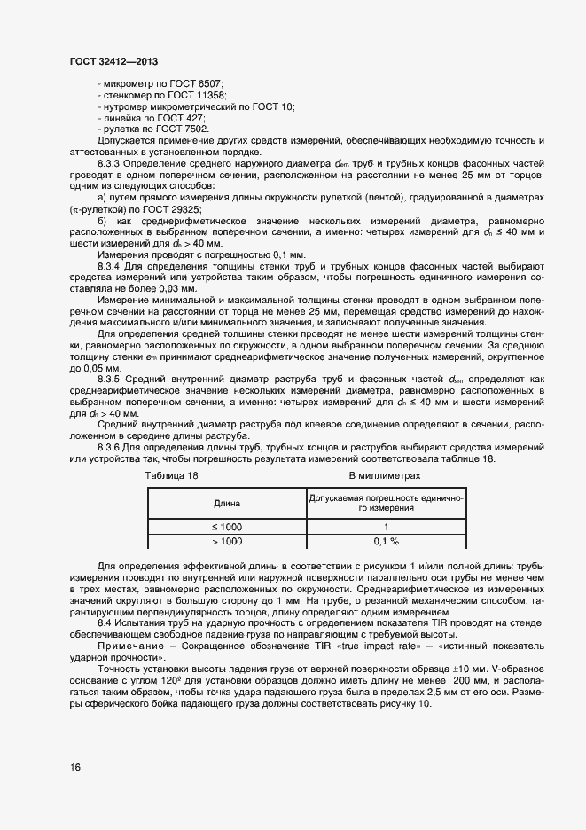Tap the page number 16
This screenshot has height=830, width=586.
74,767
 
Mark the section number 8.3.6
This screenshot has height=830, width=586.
110,448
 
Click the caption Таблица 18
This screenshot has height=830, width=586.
171,475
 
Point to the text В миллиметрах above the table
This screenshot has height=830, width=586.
384,475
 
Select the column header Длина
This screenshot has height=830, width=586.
227,503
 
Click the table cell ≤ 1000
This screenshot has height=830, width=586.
227,527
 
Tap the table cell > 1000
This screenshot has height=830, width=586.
227,541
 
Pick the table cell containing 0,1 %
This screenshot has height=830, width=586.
387,541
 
